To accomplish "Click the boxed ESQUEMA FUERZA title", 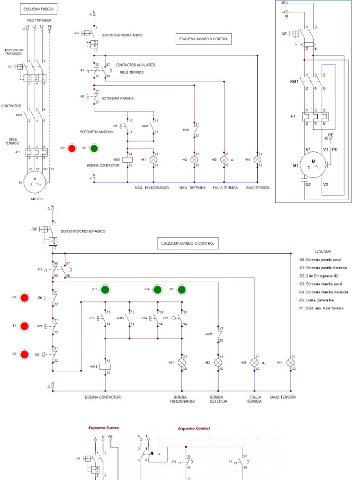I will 38,9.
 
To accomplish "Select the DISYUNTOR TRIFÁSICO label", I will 14,52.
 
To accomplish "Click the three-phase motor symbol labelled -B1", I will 34,182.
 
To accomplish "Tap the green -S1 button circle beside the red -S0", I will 94,149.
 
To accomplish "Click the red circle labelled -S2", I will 25,354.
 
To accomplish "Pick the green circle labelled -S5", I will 182,289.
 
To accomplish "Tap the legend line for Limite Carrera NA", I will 321,300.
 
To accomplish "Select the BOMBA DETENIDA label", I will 218,399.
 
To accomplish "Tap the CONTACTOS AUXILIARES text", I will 136,65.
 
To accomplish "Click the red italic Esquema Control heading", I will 194,428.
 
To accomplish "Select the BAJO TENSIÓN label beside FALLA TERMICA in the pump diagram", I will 283,397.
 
